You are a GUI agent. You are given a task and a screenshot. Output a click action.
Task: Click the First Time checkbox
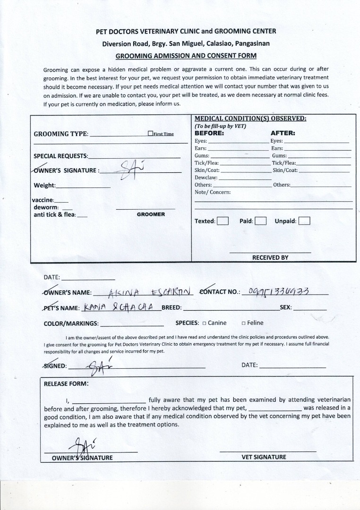pyautogui.click(x=150, y=134)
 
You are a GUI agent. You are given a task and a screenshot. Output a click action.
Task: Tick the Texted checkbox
pyautogui.click(x=223, y=221)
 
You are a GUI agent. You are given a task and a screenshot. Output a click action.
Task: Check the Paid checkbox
pyautogui.click(x=261, y=221)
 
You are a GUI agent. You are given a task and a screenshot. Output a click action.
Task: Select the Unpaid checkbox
pyautogui.click(x=304, y=221)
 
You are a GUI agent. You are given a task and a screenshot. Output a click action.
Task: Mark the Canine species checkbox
pyautogui.click(x=204, y=323)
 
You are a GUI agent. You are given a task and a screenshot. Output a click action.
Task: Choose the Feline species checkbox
pyautogui.click(x=243, y=323)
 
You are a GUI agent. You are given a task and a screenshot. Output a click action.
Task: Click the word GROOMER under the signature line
pyautogui.click(x=151, y=214)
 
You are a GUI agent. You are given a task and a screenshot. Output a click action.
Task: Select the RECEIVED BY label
pyautogui.click(x=270, y=257)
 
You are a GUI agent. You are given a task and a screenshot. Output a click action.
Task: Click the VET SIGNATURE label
pyautogui.click(x=264, y=457)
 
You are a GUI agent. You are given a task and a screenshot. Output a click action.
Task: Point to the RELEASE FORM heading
pyautogui.click(x=66, y=383)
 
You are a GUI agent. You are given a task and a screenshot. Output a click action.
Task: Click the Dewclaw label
pyautogui.click(x=206, y=178)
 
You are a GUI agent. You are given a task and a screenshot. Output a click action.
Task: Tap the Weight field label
pyautogui.click(x=44, y=185)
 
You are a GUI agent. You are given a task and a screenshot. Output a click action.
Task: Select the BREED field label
pyautogui.click(x=171, y=307)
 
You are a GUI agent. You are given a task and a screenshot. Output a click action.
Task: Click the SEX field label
pyautogui.click(x=286, y=307)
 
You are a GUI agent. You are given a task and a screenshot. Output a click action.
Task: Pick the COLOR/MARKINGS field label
pyautogui.click(x=71, y=323)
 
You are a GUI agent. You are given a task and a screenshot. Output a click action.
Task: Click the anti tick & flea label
pyautogui.click(x=54, y=214)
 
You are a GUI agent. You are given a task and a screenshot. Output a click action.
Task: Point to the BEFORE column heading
pyautogui.click(x=209, y=133)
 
